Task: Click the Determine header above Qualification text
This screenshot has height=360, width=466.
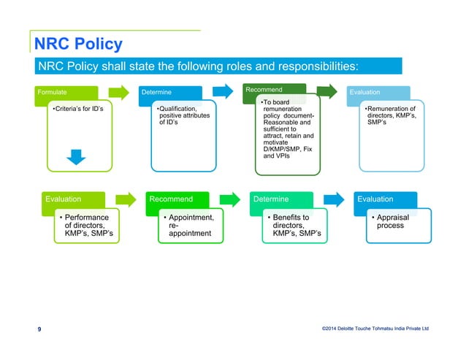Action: click(x=156, y=93)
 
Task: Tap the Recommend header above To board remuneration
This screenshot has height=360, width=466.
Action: click(x=264, y=89)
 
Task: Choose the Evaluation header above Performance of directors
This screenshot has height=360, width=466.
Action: click(x=64, y=199)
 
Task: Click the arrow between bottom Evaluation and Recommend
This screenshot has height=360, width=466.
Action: click(x=126, y=199)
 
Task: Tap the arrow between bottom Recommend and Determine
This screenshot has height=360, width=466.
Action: click(x=230, y=199)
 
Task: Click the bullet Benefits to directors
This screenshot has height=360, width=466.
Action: click(x=289, y=226)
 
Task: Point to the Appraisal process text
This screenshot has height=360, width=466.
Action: click(x=390, y=221)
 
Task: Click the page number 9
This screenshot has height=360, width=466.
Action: click(x=39, y=329)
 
